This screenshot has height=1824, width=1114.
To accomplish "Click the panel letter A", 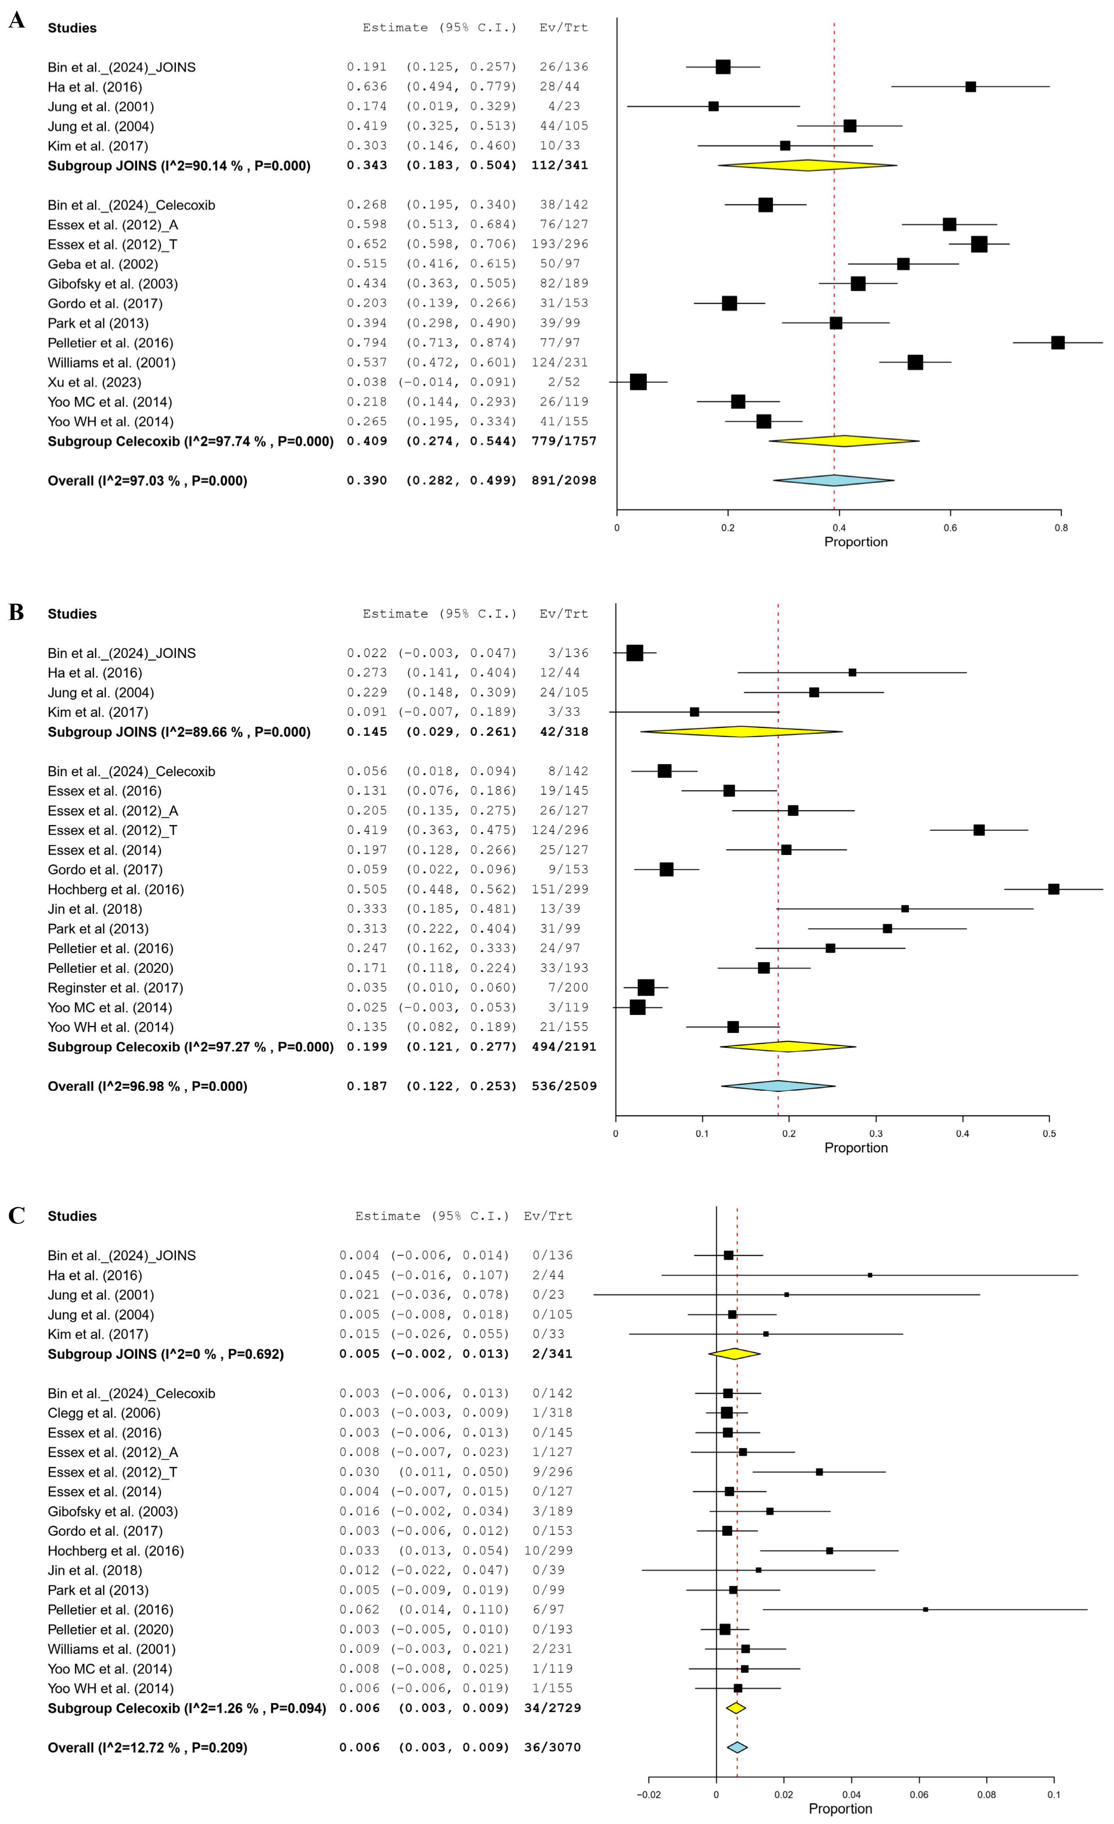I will [x=16, y=20].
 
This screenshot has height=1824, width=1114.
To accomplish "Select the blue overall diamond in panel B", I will [x=778, y=1086].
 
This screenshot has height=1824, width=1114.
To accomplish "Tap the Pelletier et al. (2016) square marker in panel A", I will [x=1058, y=343].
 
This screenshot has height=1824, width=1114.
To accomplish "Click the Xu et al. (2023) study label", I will [x=94, y=382].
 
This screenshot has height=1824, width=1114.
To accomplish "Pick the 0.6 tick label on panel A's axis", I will [x=950, y=528].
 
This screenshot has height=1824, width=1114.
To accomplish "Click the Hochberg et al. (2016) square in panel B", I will [x=1053, y=889].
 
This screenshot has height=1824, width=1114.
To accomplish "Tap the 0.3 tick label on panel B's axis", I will [x=876, y=1133].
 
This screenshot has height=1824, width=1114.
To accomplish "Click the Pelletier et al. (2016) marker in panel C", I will [x=925, y=1609].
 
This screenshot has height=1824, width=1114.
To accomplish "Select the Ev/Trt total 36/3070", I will [x=552, y=1747].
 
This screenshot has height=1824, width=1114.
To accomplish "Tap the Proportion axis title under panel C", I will [x=840, y=1809].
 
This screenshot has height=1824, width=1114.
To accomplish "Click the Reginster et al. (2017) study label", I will [x=115, y=988].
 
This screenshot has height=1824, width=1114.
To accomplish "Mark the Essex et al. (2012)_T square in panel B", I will [x=978, y=830].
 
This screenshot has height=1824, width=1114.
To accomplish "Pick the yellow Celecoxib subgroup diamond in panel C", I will [x=735, y=1708].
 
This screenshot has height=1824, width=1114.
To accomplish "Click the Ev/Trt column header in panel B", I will [x=563, y=614].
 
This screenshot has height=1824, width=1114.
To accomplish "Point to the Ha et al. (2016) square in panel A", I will [x=970, y=87].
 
